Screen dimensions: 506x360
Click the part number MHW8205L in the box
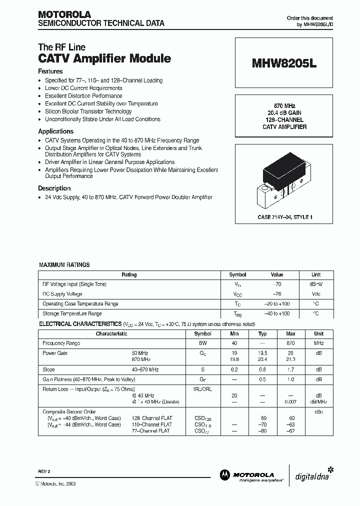[284, 64]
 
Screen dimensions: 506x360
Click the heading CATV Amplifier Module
[104, 58]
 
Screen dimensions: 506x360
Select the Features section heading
[50, 71]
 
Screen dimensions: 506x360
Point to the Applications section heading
[55, 131]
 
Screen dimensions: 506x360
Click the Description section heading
[54, 188]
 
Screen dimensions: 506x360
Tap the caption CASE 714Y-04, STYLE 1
[284, 217]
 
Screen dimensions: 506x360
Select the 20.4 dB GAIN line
[284, 113]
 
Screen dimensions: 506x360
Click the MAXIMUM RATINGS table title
[64, 265]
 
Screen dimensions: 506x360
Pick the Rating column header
[129, 274]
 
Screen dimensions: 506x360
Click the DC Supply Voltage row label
[62, 294]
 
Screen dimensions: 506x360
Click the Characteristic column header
[111, 333]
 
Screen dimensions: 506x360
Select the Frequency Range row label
[61, 343]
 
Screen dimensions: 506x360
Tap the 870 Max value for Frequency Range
[290, 343]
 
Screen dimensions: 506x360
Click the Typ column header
[262, 333]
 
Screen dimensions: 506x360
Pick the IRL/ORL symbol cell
[202, 388]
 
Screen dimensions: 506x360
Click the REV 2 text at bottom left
[44, 471]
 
